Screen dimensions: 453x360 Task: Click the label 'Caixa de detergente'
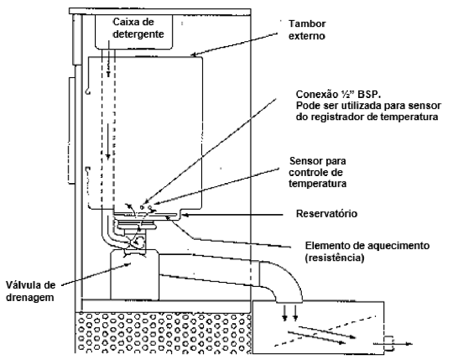click(138, 28)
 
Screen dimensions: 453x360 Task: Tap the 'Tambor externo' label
click(307, 30)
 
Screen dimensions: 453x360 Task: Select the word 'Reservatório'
click(327, 214)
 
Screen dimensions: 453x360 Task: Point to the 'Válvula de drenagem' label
click(30, 291)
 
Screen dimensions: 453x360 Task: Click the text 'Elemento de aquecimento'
click(367, 246)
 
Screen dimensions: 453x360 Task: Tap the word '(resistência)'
click(335, 257)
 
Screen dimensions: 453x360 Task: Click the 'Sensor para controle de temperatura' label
click(317, 172)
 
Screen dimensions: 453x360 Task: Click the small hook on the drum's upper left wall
click(88, 92)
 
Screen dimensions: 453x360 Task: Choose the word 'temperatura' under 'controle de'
click(317, 184)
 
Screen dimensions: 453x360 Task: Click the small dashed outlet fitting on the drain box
click(390, 343)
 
